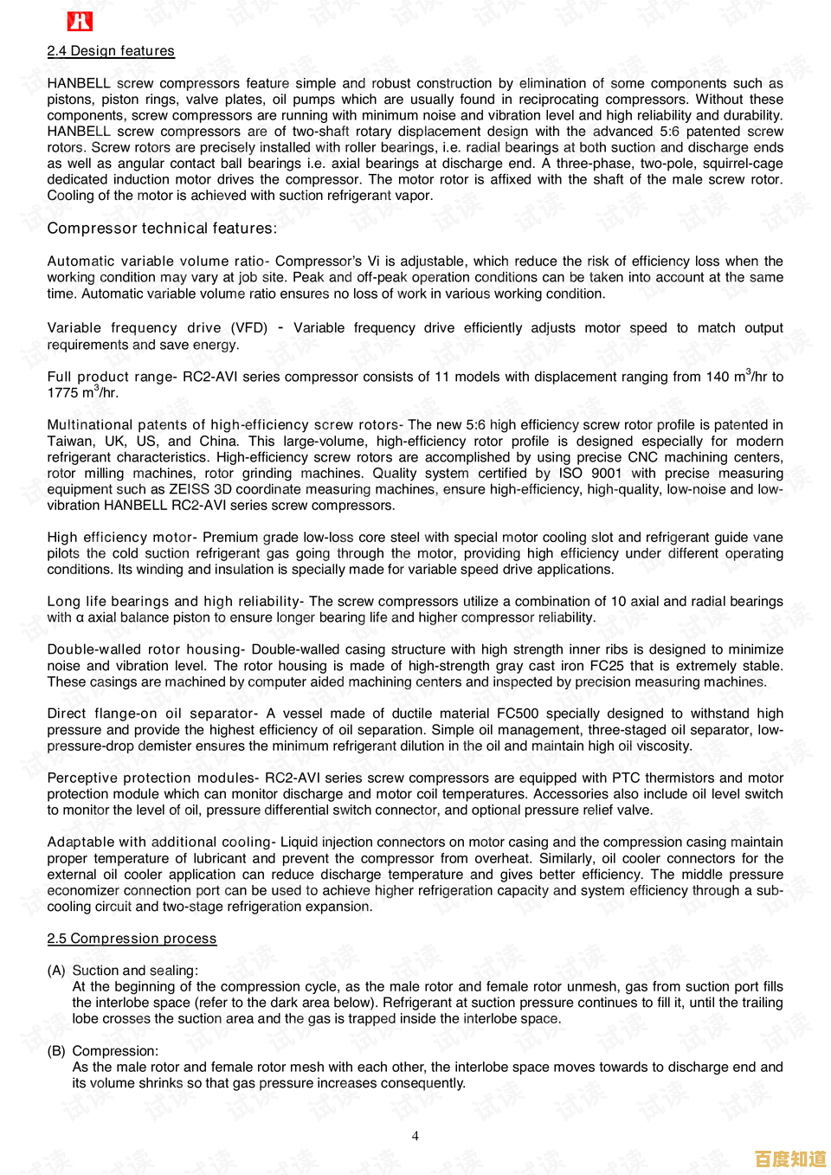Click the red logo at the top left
pos(80,22)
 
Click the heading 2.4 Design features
pos(111,51)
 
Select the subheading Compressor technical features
pos(162,229)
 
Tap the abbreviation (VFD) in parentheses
pos(249,328)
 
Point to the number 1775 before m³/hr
pos(63,393)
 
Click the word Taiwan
pos(71,441)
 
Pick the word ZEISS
pos(189,489)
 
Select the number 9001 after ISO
pos(606,474)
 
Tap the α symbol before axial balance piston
pos(80,618)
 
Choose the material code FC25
pos(605,666)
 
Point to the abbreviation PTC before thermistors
pos(626,778)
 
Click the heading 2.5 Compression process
pos(132,939)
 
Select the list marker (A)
pos(56,971)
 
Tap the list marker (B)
pos(56,1051)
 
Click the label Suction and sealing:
pos(135,971)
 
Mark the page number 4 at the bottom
pos(415,1136)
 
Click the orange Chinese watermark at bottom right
pos(790,1159)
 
